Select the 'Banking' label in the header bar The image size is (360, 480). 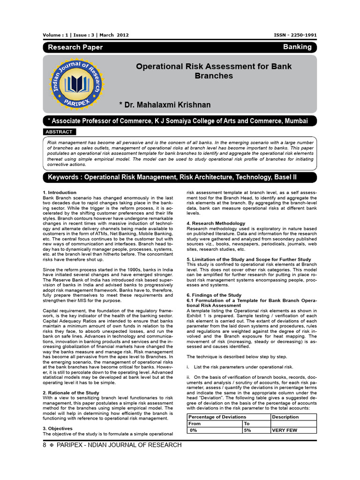tap(297, 47)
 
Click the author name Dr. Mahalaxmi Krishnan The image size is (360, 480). tap(165, 105)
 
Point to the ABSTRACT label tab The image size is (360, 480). tap(59, 132)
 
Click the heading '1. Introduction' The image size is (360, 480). tap(60, 193)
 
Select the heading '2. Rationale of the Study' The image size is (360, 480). tap(71, 392)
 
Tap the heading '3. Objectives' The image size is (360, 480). tap(58, 428)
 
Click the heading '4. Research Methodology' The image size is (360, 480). tap(216, 223)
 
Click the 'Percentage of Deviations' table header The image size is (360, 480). tap(217, 417)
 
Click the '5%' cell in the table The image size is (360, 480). tap(248, 430)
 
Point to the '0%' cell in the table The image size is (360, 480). tap(193, 430)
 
